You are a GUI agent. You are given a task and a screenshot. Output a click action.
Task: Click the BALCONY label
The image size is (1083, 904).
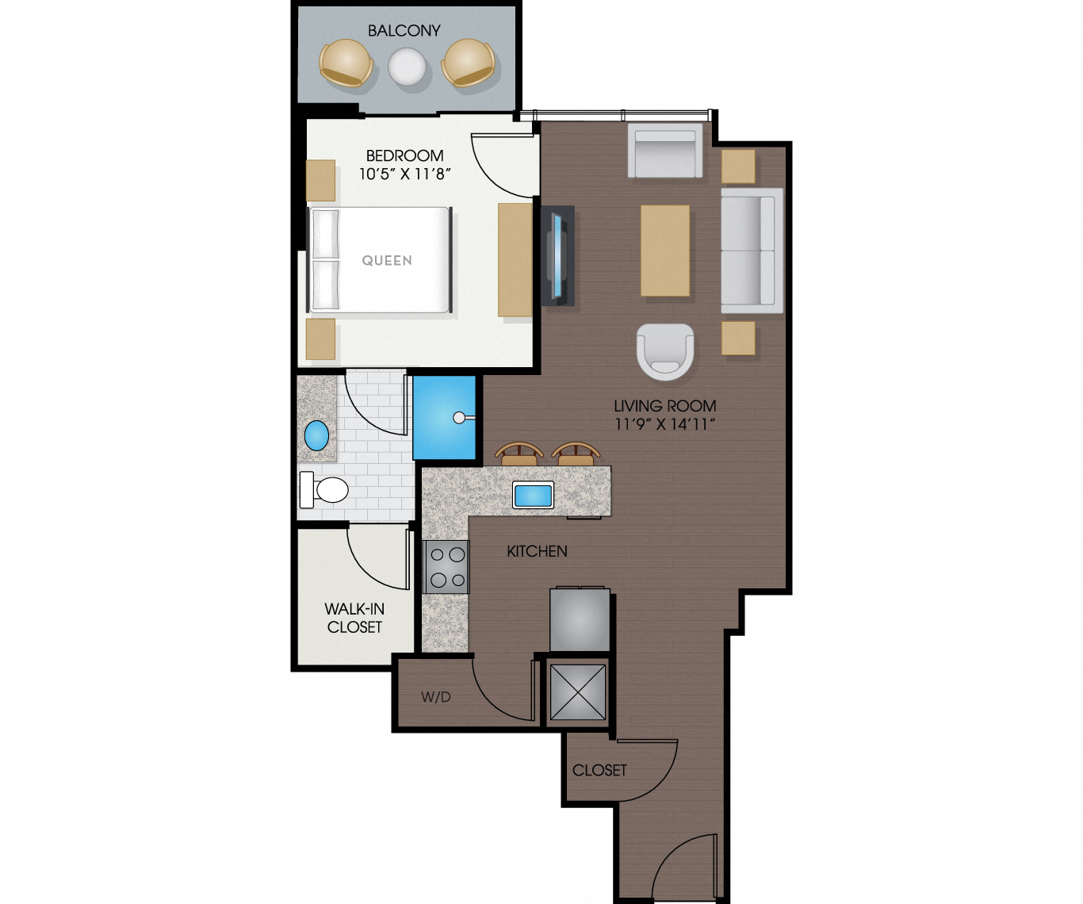point(404,31)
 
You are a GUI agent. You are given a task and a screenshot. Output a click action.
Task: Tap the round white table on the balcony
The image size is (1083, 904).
point(407,67)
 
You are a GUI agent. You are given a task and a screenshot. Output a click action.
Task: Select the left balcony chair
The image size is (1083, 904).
point(346,63)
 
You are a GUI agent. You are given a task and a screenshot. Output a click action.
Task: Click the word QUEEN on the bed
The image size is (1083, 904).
point(387,261)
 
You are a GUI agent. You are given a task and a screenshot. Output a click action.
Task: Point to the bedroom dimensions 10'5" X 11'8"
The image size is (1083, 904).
point(404,174)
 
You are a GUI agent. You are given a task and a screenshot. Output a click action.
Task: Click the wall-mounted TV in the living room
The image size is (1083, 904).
point(558,255)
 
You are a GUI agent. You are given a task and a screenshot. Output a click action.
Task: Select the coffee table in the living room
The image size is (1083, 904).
point(664,251)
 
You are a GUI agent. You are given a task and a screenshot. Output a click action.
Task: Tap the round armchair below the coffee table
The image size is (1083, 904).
point(665,350)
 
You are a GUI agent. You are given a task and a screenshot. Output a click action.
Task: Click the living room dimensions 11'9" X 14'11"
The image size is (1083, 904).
point(664,424)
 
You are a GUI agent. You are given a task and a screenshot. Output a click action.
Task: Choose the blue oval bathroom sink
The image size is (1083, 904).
point(316,435)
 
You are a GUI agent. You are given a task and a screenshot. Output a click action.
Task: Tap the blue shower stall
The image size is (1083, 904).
point(444,417)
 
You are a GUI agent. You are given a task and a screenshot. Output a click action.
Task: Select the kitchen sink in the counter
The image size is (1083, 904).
point(533,496)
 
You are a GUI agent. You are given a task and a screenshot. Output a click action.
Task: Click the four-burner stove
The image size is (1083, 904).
point(447,567)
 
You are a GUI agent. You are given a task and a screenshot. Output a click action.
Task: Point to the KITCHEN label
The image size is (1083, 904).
point(537,551)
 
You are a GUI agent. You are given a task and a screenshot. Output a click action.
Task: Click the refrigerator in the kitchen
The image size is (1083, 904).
point(580,619)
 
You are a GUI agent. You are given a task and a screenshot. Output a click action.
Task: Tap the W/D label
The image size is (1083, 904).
point(435,697)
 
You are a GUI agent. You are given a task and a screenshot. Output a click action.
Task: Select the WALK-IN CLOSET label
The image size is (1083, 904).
point(354,618)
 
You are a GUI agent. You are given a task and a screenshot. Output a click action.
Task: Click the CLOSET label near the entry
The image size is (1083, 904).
point(599,770)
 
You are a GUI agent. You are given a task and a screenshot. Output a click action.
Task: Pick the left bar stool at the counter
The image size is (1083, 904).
point(519,455)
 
